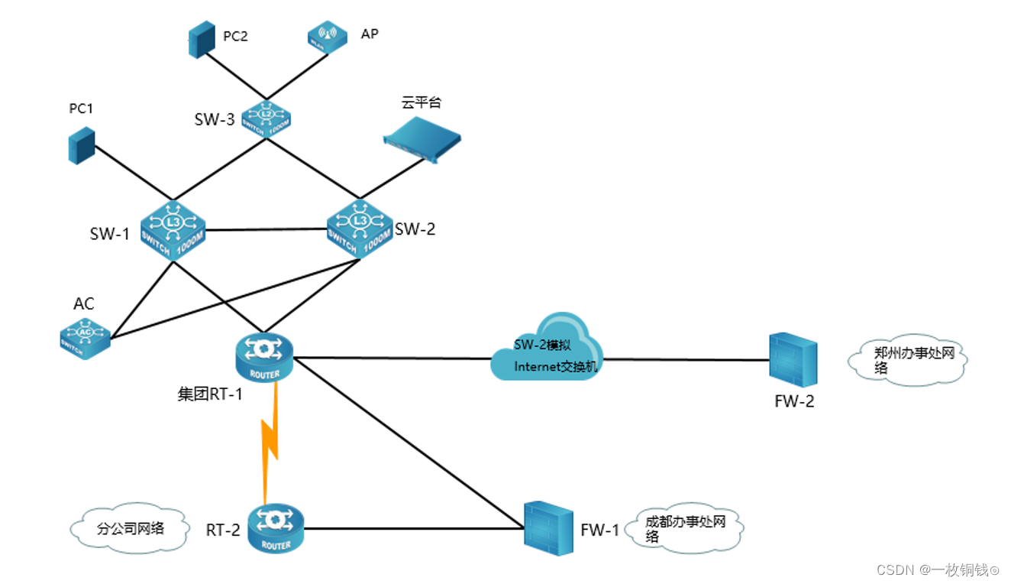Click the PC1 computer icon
coord(81,145)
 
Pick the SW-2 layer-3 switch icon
coord(359,226)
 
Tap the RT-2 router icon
coord(275,527)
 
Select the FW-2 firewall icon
coord(793,359)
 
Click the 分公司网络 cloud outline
coord(129,527)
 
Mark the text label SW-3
coord(215,119)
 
